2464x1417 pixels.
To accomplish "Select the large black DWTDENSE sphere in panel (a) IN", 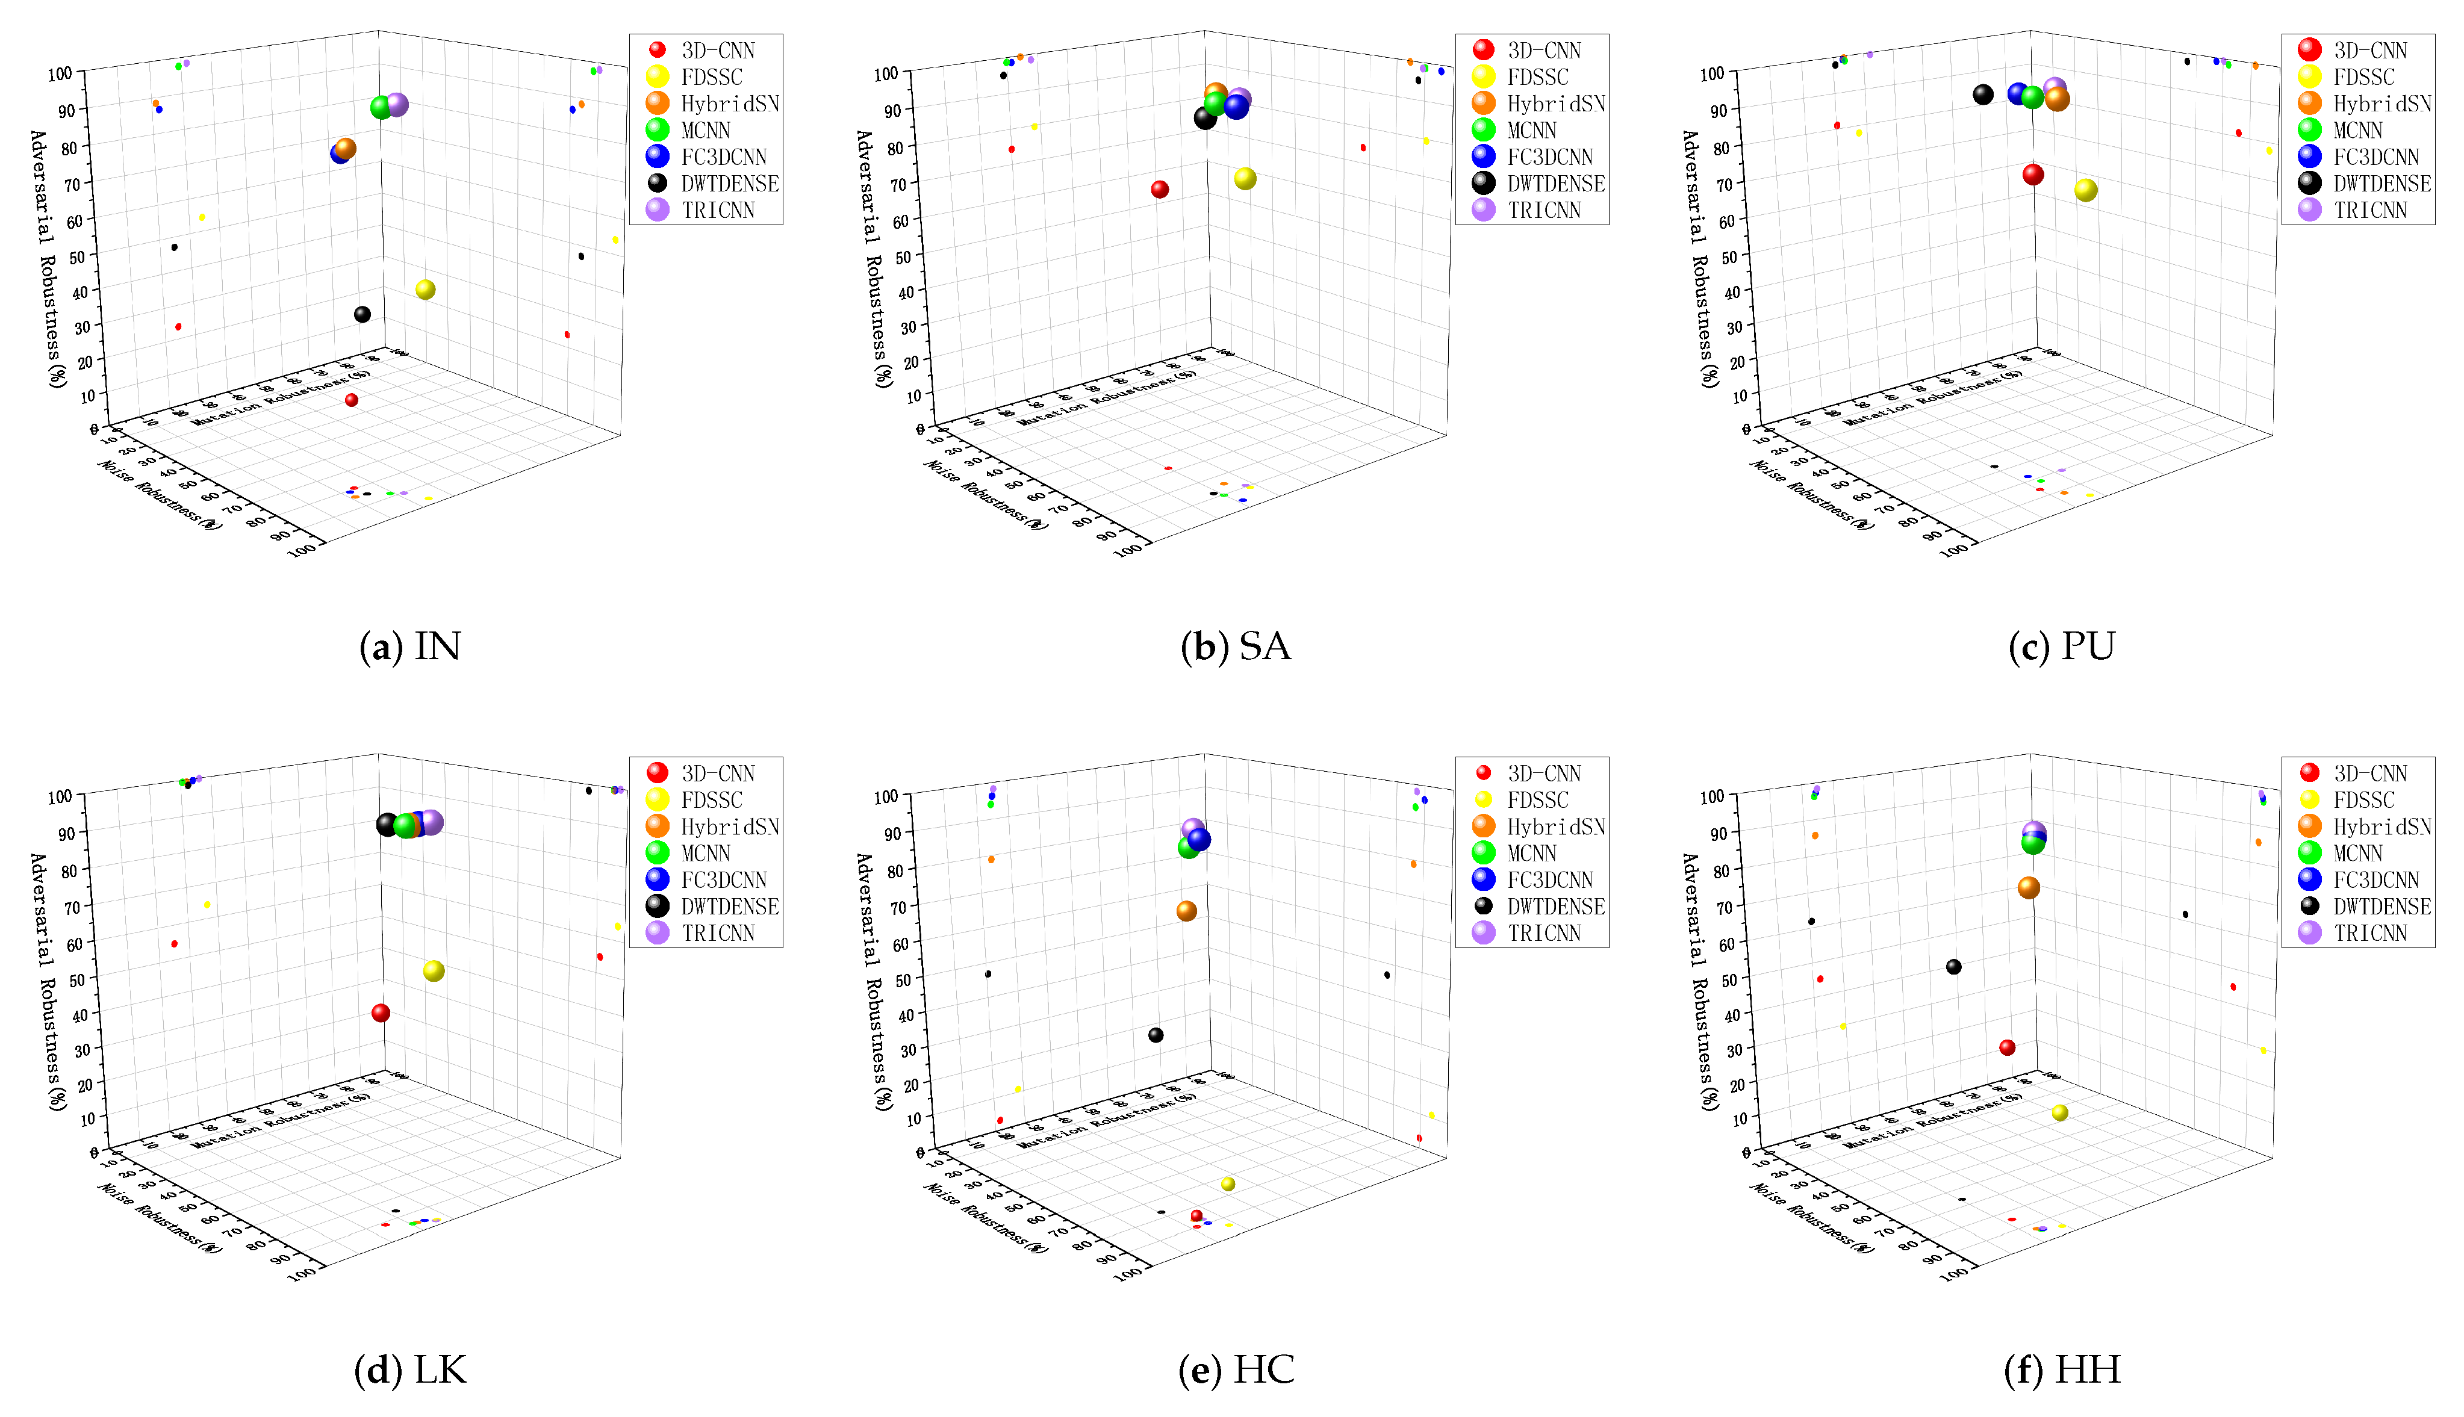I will [362, 314].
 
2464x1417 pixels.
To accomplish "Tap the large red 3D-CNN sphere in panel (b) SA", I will [1160, 190].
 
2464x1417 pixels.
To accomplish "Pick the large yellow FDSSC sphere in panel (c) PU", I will [2085, 191].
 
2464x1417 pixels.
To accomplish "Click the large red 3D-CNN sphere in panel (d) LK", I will [381, 1013].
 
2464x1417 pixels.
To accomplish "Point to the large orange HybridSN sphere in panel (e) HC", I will [1186, 911].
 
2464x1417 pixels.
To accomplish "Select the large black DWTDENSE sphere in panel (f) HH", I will [1953, 966].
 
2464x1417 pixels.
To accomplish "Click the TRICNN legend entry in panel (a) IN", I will [718, 210].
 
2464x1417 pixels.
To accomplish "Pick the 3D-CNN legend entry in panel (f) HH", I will [2369, 774].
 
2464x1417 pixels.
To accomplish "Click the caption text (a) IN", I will [410, 646].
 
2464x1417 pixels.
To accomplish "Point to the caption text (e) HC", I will [1236, 1369].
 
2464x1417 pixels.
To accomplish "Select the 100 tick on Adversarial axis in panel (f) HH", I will [1711, 797].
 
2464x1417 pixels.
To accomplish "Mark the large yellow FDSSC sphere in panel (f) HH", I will [2059, 1112].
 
